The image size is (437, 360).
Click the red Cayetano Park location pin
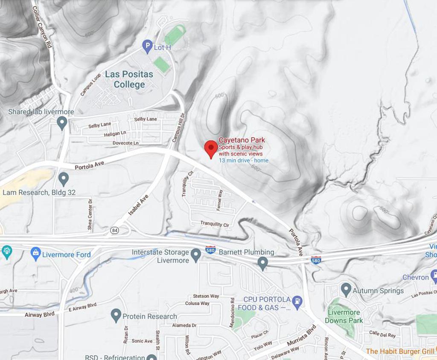point(211,148)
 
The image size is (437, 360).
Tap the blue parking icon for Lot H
point(148,46)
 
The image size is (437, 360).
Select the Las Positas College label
point(129,79)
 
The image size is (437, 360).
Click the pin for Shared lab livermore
point(62,123)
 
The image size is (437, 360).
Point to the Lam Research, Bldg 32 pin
point(64,179)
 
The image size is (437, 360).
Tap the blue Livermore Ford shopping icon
point(36,254)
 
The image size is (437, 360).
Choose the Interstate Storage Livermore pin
point(196,255)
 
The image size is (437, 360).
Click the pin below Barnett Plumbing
point(263,263)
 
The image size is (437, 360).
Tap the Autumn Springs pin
point(346,290)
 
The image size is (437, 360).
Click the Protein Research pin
point(116,315)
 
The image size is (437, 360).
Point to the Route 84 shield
point(114,230)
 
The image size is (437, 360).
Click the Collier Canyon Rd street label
point(42,26)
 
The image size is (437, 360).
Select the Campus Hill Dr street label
point(178,128)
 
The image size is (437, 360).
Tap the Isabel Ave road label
point(138,205)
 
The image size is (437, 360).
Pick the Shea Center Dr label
point(90,215)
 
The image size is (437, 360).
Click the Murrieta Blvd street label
point(301,335)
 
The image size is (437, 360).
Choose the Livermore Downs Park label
point(344,316)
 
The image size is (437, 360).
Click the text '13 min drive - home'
point(244,160)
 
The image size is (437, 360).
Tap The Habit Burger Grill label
point(399,351)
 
